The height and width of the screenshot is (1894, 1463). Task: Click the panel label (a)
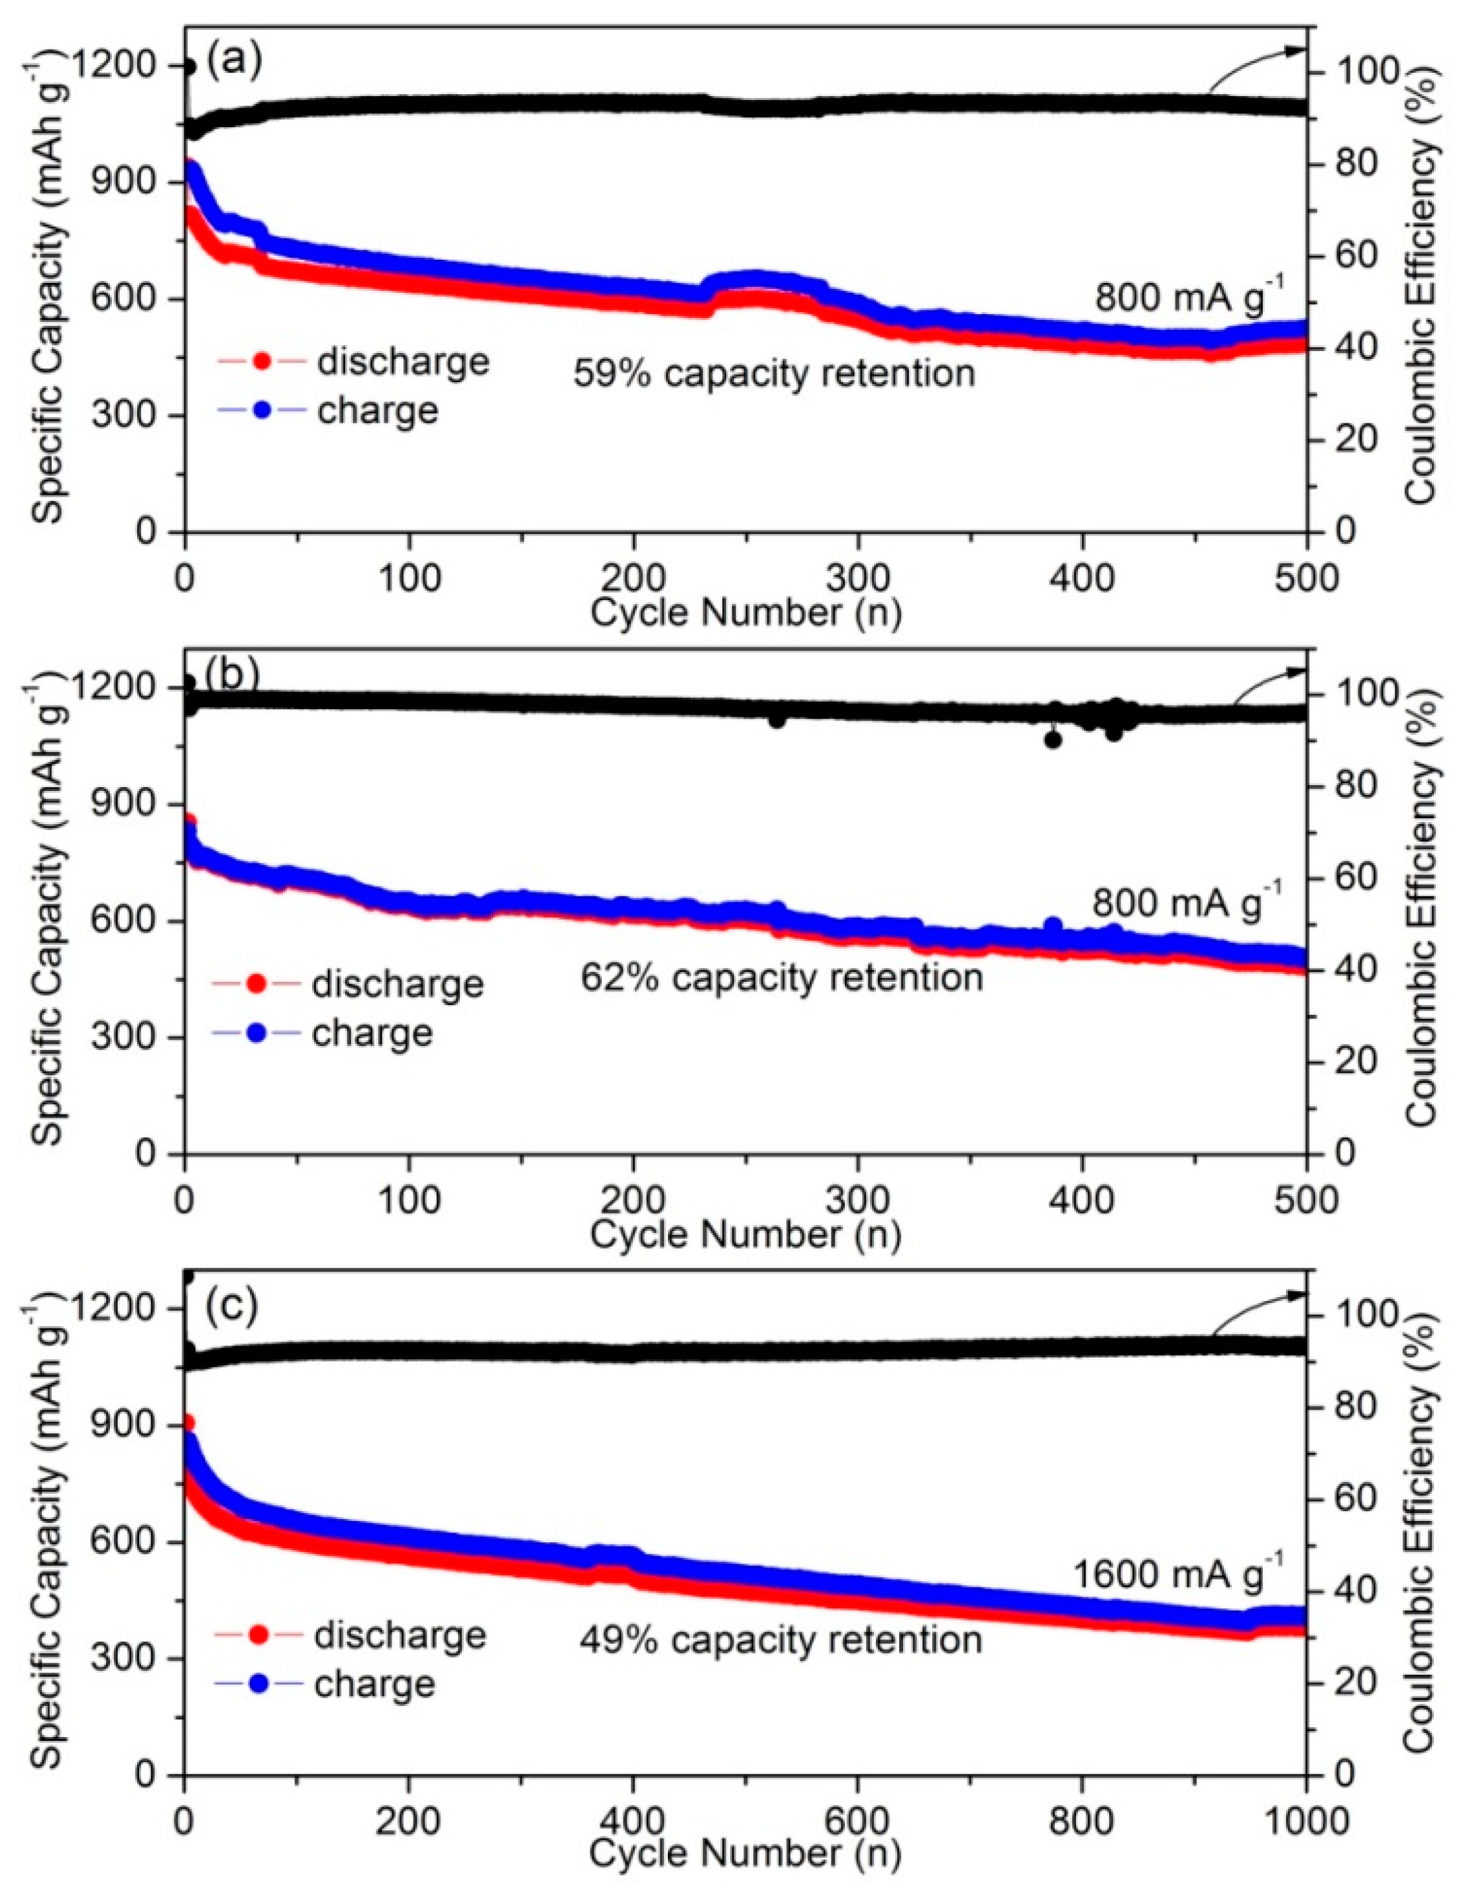233,62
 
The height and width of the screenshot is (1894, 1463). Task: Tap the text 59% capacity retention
773,374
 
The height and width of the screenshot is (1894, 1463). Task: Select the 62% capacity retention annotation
781,977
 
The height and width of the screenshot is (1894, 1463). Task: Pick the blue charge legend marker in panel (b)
256,1033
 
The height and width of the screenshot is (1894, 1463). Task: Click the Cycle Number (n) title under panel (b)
746,1234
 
